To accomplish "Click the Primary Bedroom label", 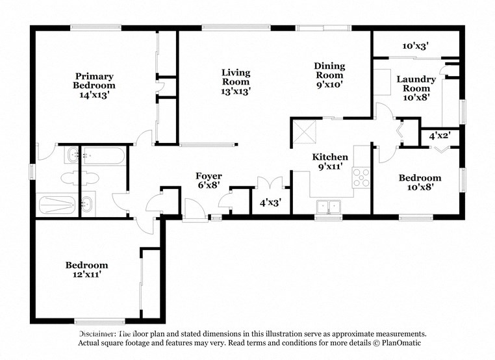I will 94,85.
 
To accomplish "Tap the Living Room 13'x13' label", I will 235,82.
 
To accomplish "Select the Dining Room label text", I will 329,75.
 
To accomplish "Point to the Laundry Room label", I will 416,88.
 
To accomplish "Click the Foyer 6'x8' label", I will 209,181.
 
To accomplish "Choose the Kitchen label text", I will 330,162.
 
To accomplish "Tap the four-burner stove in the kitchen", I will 361,177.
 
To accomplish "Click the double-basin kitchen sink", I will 329,207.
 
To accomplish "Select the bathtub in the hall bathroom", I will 103,157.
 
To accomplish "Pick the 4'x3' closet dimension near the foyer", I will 269,203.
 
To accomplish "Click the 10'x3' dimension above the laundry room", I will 414,46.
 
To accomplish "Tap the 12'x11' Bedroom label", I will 86,270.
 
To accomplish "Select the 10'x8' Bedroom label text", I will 420,182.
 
